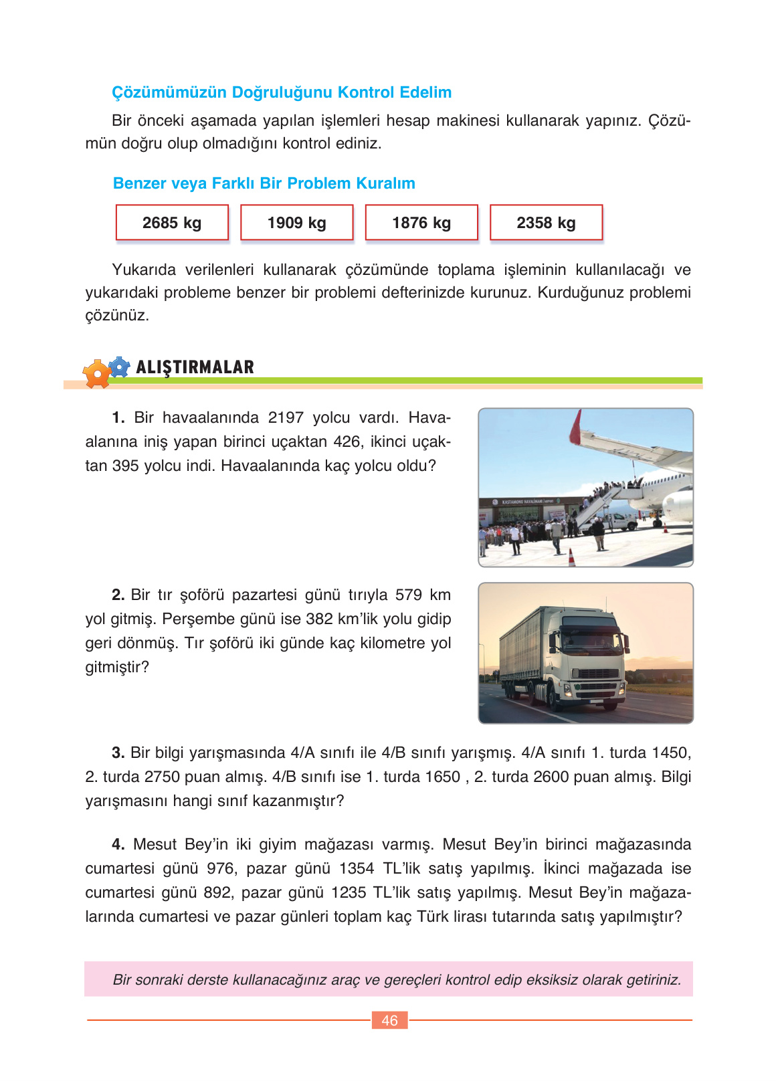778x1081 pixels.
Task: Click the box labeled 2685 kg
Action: pyautogui.click(x=172, y=223)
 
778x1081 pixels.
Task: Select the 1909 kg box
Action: pyautogui.click(x=296, y=223)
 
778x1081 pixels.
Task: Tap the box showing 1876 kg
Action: pyautogui.click(x=421, y=223)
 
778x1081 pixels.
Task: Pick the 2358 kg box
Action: pyautogui.click(x=546, y=223)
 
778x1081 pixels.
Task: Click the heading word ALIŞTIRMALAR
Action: pyautogui.click(x=195, y=367)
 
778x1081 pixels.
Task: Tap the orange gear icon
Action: pyautogui.click(x=97, y=374)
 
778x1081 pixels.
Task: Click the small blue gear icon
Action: pyautogui.click(x=119, y=367)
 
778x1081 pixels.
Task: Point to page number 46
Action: pyautogui.click(x=389, y=1020)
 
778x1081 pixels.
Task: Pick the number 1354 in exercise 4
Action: pyautogui.click(x=357, y=868)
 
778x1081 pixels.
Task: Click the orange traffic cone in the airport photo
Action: pyautogui.click(x=572, y=557)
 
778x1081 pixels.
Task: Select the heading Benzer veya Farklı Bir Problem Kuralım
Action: pyautogui.click(x=264, y=183)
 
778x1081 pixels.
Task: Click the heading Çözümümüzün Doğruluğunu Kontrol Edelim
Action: pyautogui.click(x=282, y=92)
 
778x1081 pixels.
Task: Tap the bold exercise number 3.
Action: pyautogui.click(x=118, y=753)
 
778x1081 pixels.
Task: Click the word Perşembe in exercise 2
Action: pyautogui.click(x=194, y=619)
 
